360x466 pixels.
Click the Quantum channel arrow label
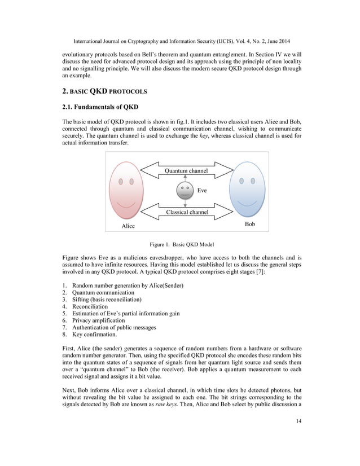point(186,170)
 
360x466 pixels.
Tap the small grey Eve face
point(185,190)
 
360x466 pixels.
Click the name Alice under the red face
point(129,226)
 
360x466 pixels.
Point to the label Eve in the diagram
point(202,191)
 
